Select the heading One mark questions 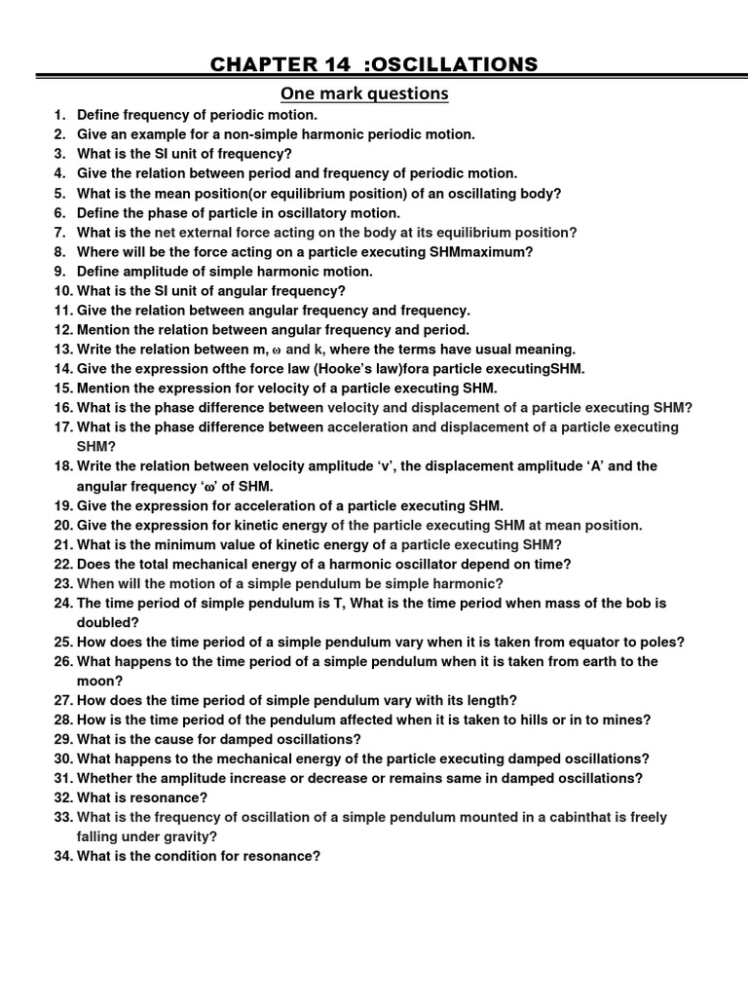click(x=364, y=93)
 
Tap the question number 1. click(x=58, y=115)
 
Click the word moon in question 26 click(x=98, y=682)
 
